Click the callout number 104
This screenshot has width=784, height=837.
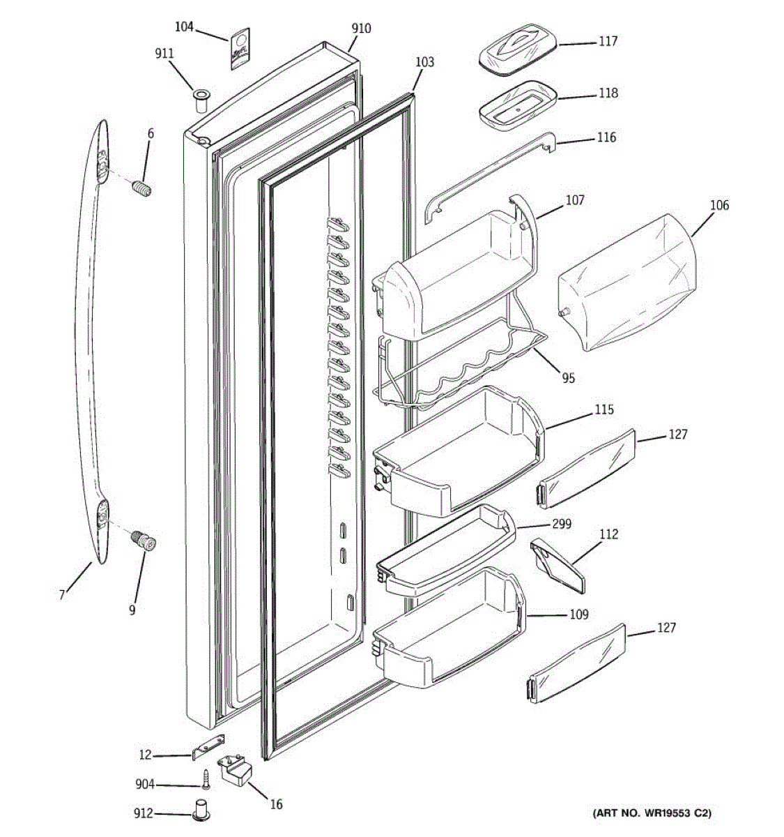[184, 27]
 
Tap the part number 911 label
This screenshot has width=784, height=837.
[164, 54]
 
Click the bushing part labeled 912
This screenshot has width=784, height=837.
[201, 812]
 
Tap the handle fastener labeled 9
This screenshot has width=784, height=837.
[145, 541]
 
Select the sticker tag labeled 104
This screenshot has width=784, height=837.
[238, 49]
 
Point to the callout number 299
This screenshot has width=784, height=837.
[562, 523]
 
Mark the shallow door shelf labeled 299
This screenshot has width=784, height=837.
[446, 551]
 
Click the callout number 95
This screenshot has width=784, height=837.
[569, 378]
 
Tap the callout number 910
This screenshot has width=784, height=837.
[361, 29]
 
